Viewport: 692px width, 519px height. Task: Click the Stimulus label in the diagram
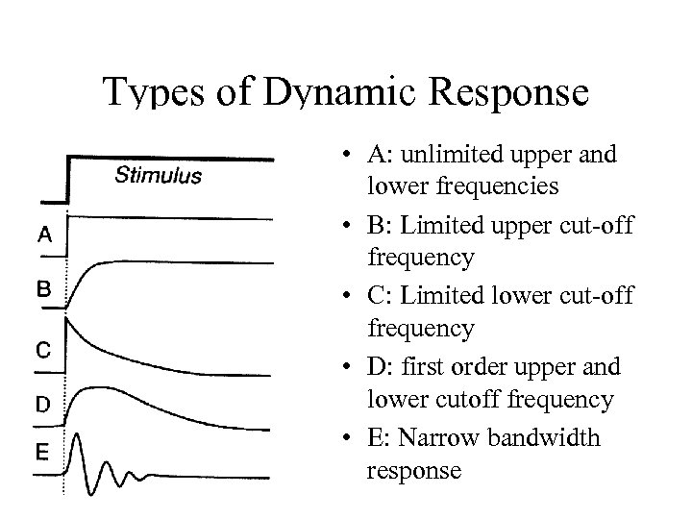point(159,176)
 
